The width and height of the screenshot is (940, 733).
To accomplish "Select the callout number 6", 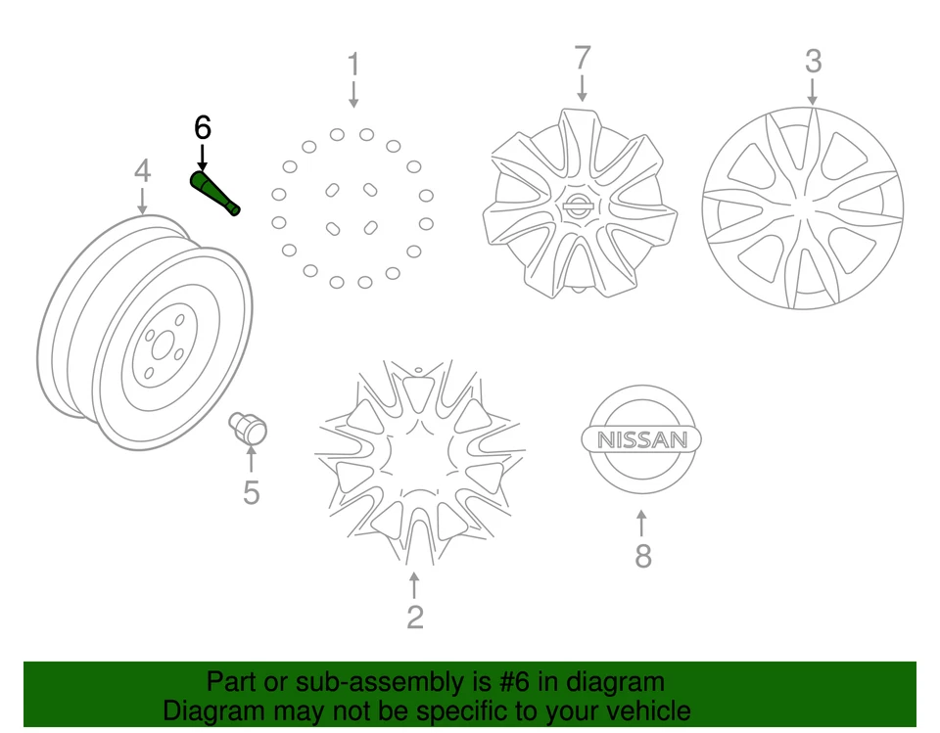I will pyautogui.click(x=202, y=127).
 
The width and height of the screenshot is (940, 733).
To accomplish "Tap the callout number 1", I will pyautogui.click(x=352, y=66).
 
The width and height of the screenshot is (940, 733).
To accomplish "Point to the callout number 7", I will pyautogui.click(x=583, y=58).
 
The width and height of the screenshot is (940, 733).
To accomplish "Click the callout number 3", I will pyautogui.click(x=813, y=62).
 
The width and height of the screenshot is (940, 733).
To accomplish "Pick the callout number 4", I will pyautogui.click(x=143, y=172).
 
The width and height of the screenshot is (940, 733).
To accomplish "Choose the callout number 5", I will pyautogui.click(x=252, y=492).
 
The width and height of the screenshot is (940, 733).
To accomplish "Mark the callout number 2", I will pyautogui.click(x=415, y=618).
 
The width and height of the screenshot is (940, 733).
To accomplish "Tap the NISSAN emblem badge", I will pyautogui.click(x=642, y=439).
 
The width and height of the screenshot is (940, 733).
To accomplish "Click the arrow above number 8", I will pyautogui.click(x=642, y=523).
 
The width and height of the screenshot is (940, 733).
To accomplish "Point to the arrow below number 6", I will pyautogui.click(x=202, y=157).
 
